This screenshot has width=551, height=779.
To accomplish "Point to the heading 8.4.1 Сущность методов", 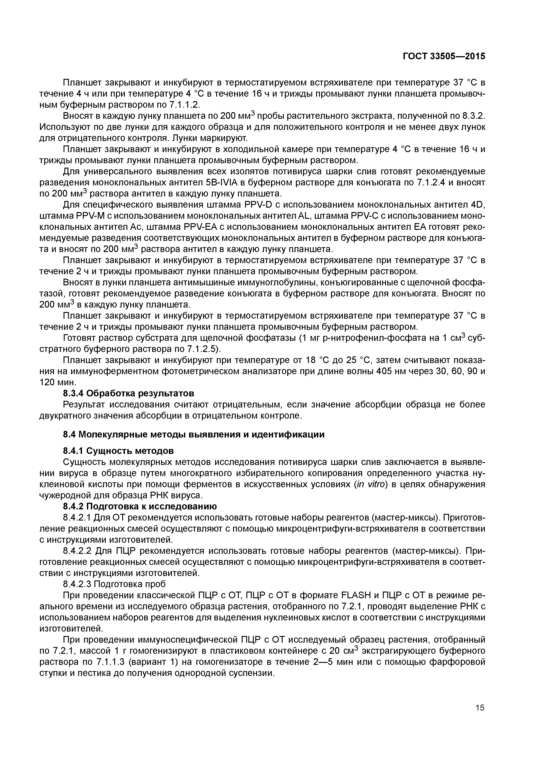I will pyautogui.click(x=118, y=451).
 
